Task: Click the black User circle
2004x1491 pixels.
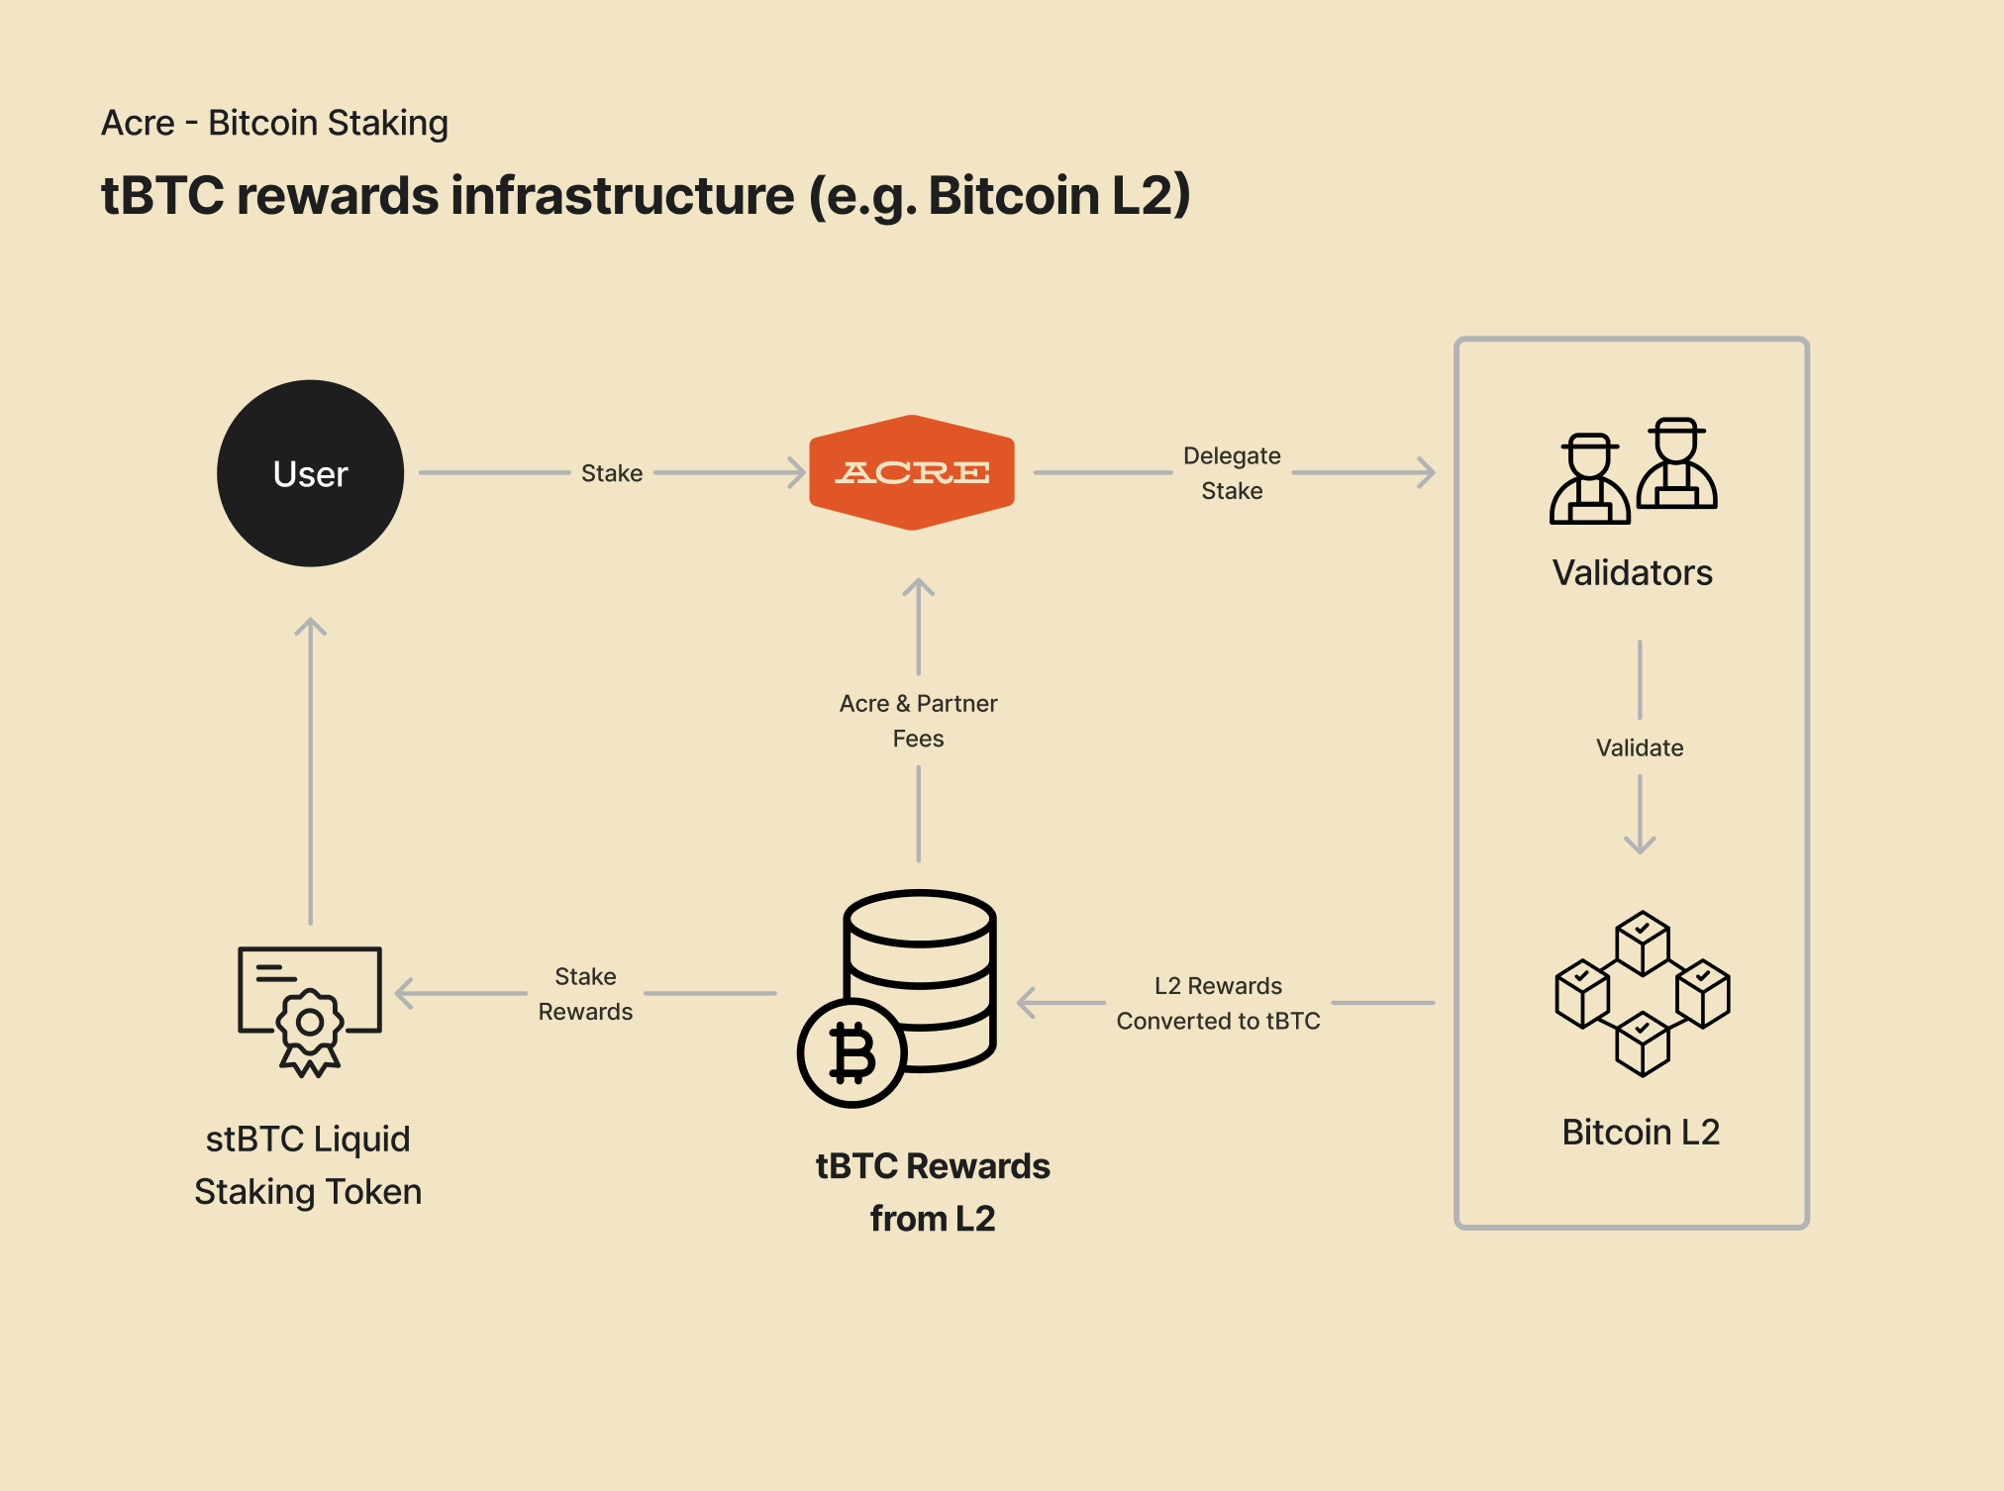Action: pos(310,473)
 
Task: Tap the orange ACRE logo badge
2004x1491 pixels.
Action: pos(912,472)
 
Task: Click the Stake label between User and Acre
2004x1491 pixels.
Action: pos(611,473)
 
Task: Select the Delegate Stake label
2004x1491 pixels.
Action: pos(1231,473)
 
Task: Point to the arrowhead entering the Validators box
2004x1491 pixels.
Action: pos(1426,472)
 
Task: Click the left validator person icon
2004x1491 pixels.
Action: pos(1589,479)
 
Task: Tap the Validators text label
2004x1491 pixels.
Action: pos(1632,572)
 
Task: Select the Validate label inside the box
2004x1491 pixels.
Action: pos(1639,747)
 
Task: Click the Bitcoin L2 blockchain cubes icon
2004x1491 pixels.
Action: pos(1642,993)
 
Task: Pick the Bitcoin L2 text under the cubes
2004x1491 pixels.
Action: pos(1640,1132)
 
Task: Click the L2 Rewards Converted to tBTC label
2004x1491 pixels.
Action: pos(1218,1003)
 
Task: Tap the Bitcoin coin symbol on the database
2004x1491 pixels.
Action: pos(852,1052)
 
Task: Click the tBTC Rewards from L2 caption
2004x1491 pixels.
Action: pos(932,1192)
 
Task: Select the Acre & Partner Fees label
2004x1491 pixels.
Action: pos(918,721)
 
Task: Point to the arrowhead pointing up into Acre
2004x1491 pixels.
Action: pos(918,587)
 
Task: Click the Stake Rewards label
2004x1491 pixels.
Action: pos(585,994)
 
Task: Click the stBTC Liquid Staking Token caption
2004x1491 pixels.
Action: pos(308,1164)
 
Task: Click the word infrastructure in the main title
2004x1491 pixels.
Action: pos(623,195)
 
